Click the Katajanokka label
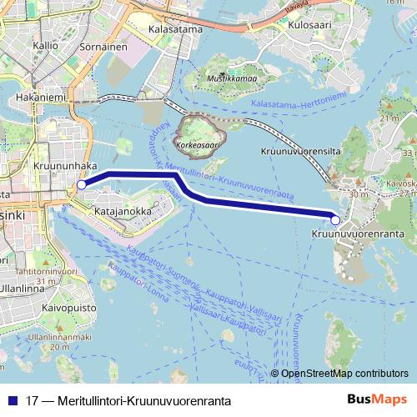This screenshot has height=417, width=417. (123, 212)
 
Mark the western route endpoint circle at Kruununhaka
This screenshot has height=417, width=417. (81, 185)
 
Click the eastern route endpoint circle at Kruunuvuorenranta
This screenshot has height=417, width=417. (335, 220)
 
